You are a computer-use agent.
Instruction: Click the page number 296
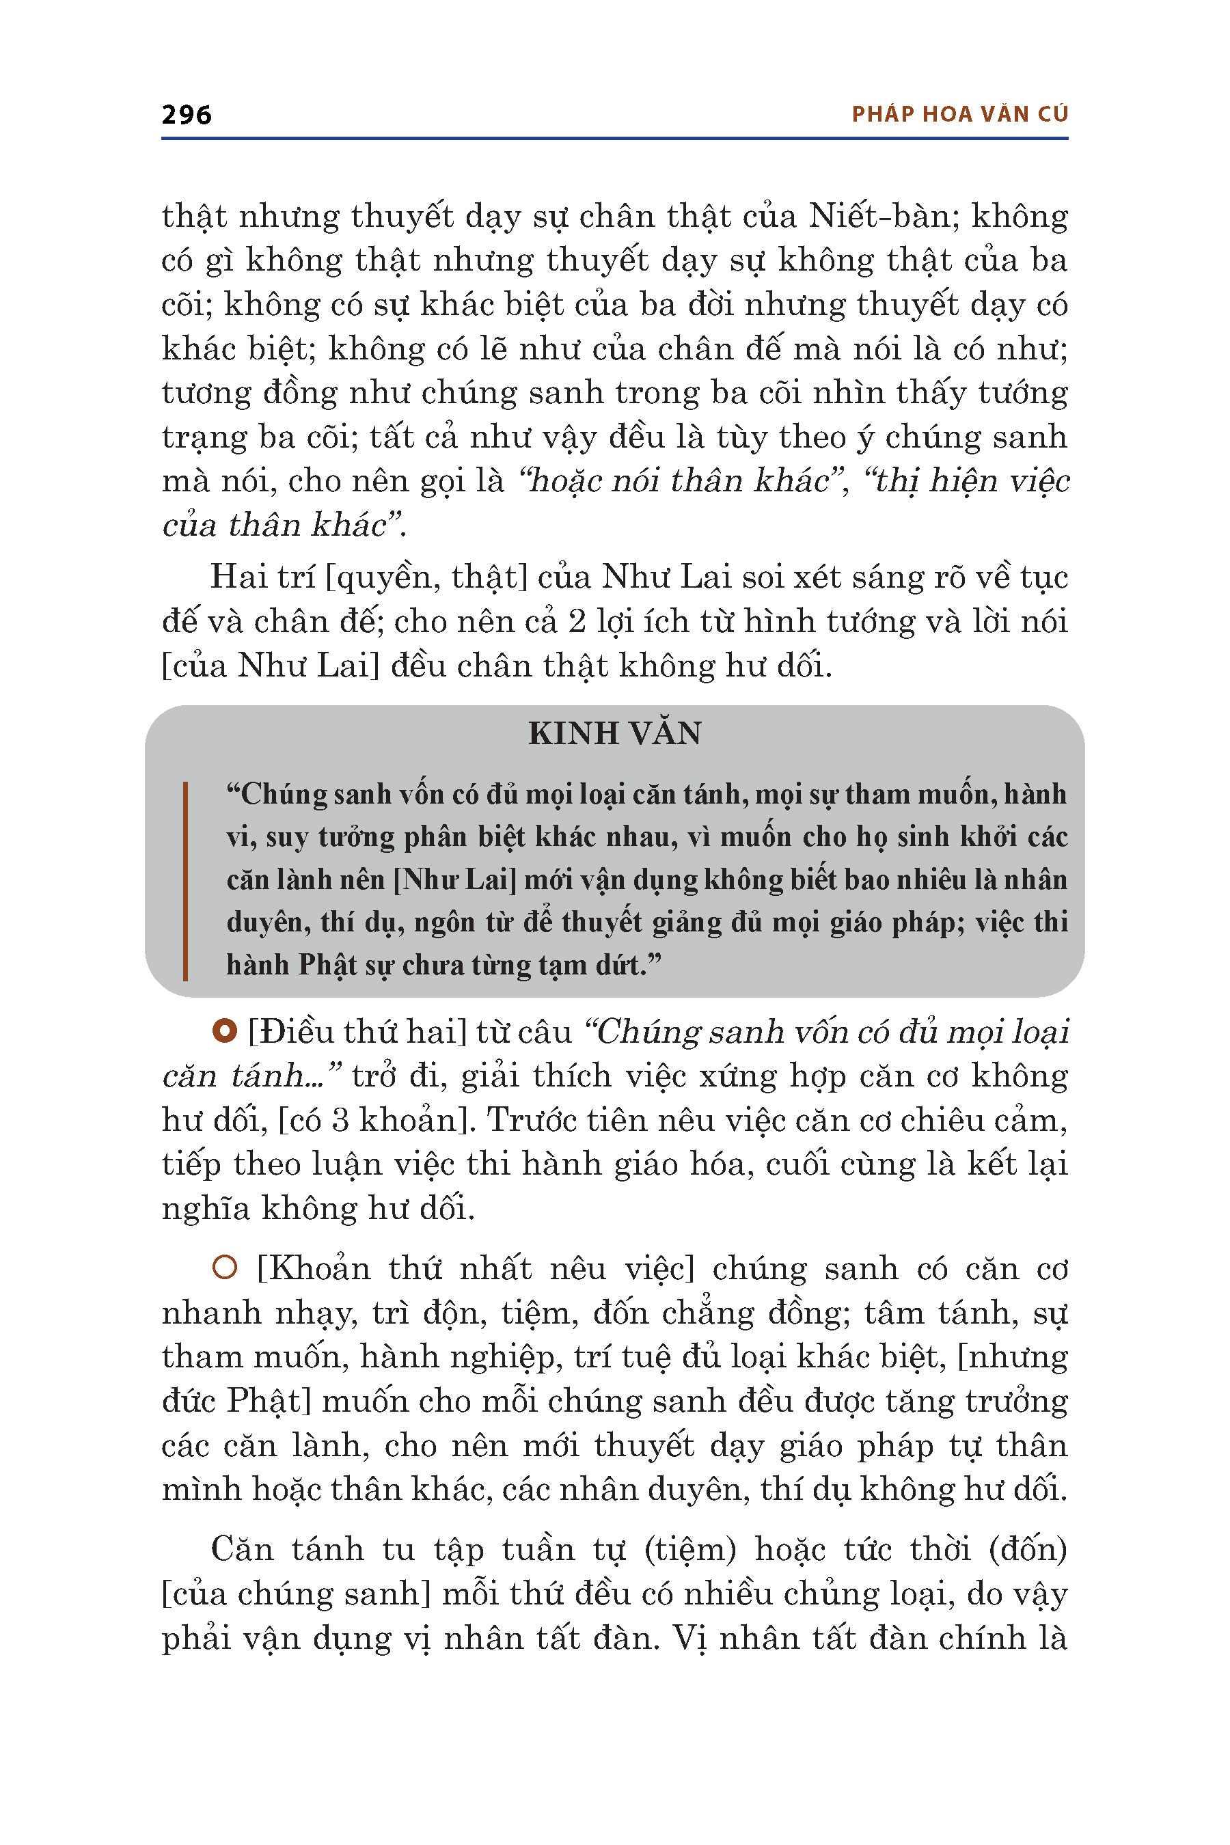[x=186, y=115]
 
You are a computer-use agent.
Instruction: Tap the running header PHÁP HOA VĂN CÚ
[x=959, y=115]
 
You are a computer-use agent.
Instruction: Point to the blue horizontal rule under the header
[x=614, y=139]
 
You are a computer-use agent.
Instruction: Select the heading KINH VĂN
[x=614, y=733]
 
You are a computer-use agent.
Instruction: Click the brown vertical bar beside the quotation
[x=185, y=880]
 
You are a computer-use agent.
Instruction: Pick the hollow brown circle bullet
[x=224, y=1268]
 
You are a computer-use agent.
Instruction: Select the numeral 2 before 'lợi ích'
[x=577, y=621]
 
